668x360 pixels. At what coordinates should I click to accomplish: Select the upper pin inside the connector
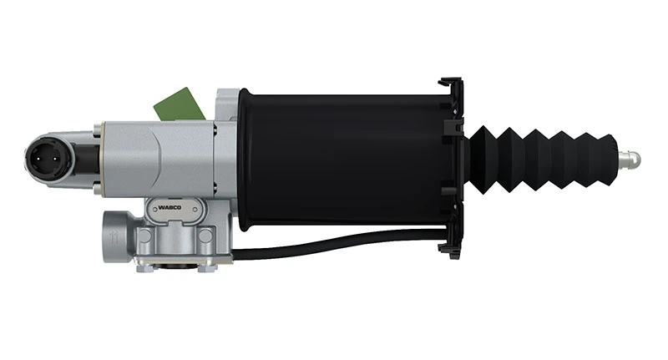coord(43,150)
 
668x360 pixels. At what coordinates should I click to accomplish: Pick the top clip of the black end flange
coord(451,84)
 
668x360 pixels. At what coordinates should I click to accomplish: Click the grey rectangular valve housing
coord(159,159)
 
